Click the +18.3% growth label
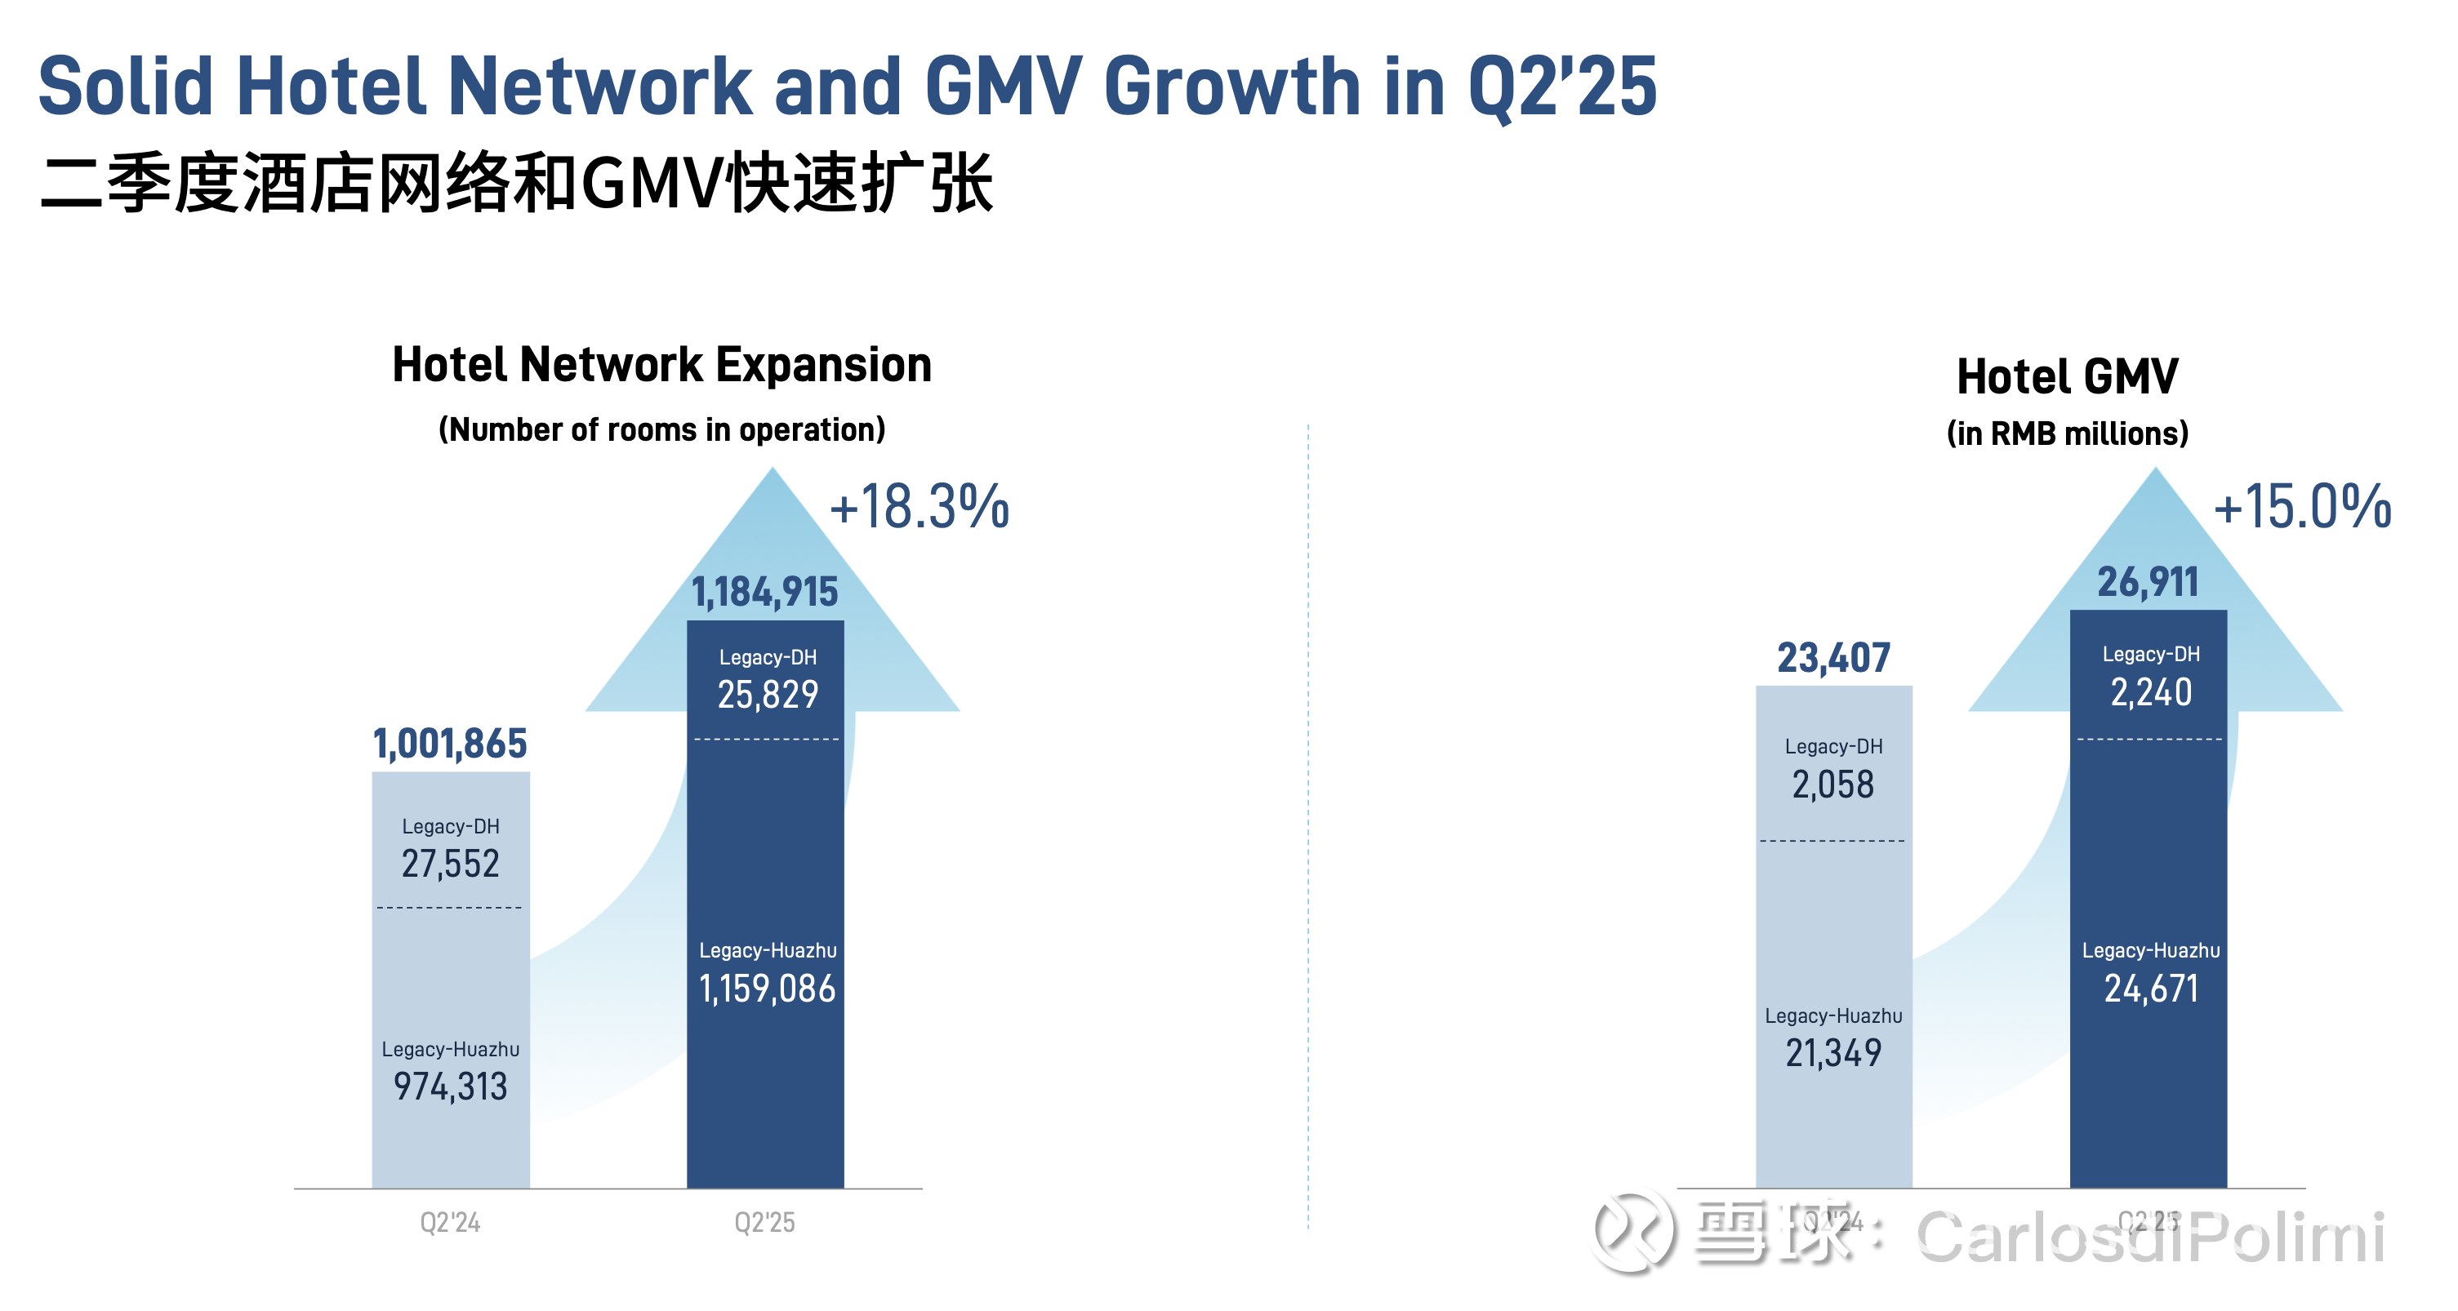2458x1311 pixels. pyautogui.click(x=919, y=507)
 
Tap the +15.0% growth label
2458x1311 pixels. pyautogui.click(x=2301, y=507)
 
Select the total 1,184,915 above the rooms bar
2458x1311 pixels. pyautogui.click(x=765, y=593)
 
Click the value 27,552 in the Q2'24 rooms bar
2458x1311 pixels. pyautogui.click(x=451, y=864)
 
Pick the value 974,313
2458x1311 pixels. pyautogui.click(x=451, y=1087)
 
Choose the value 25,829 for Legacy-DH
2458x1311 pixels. pyautogui.click(x=768, y=695)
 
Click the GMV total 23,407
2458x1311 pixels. pyautogui.click(x=1833, y=659)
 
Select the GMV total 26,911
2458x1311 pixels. pyautogui.click(x=2148, y=583)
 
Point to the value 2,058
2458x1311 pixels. pyautogui.click(x=1833, y=785)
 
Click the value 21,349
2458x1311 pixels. pyautogui.click(x=1833, y=1053)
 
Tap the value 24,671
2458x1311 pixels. pyautogui.click(x=2151, y=989)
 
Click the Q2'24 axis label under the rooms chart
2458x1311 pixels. pyautogui.click(x=451, y=1222)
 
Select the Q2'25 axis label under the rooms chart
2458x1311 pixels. pyautogui.click(x=764, y=1222)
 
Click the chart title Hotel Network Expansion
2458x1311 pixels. pyautogui.click(x=661, y=366)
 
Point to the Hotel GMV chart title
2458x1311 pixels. pyautogui.click(x=2067, y=377)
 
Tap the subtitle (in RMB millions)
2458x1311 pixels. pyautogui.click(x=2067, y=434)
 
